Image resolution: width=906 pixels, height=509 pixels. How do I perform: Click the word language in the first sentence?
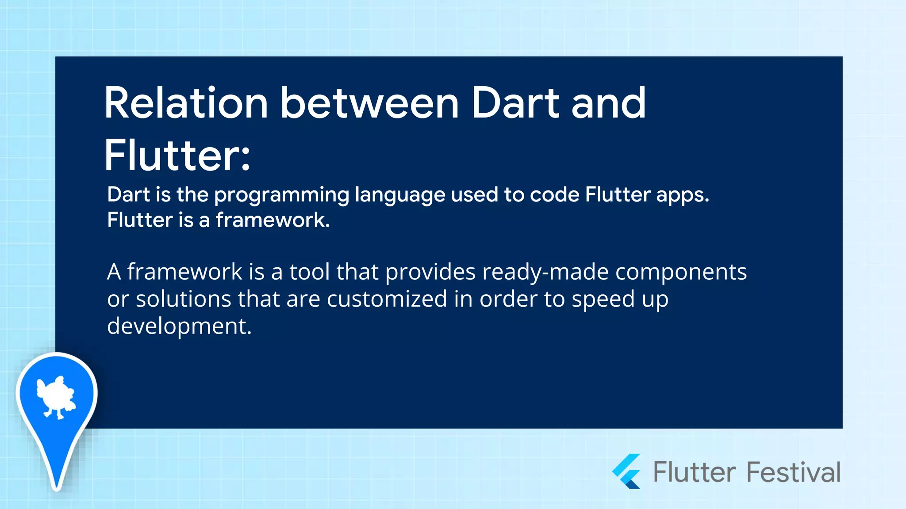[400, 195]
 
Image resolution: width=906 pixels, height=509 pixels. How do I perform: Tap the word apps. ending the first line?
[682, 195]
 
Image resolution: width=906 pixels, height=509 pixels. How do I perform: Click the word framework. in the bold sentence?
[273, 220]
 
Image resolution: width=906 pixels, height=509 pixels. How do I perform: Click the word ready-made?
[545, 271]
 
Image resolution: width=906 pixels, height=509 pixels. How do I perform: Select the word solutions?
[183, 299]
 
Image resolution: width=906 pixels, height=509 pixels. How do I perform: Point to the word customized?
[387, 299]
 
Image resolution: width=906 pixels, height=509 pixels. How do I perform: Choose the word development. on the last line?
[179, 326]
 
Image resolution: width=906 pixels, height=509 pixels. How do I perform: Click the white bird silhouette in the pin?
[56, 396]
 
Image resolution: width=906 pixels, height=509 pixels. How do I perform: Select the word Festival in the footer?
[794, 472]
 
